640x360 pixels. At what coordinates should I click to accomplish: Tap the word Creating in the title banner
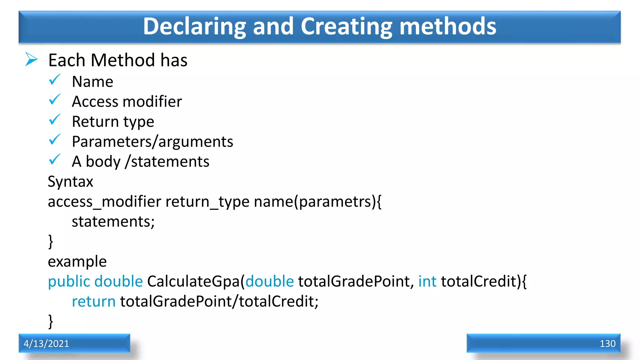tap(346, 27)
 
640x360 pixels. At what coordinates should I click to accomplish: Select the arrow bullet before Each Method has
tap(31, 59)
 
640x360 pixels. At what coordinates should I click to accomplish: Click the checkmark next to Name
tap(55, 80)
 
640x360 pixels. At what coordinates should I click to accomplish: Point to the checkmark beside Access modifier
tap(55, 100)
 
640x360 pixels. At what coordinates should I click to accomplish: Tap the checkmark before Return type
tap(55, 120)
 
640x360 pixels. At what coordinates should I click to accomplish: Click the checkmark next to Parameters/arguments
tap(55, 140)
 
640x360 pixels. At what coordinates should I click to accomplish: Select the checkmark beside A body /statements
tap(55, 160)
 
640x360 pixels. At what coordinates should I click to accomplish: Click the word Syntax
tap(70, 182)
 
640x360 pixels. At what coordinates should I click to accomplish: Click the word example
tap(77, 262)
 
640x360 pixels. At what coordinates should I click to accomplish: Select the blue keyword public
tap(69, 281)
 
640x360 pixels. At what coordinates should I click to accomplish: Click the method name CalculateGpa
tap(193, 281)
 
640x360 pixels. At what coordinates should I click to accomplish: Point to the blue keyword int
tap(427, 281)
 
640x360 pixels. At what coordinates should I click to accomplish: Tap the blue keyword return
tap(94, 301)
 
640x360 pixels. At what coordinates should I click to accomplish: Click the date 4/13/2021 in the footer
tap(46, 343)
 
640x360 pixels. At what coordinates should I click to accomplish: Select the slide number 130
tap(607, 343)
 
